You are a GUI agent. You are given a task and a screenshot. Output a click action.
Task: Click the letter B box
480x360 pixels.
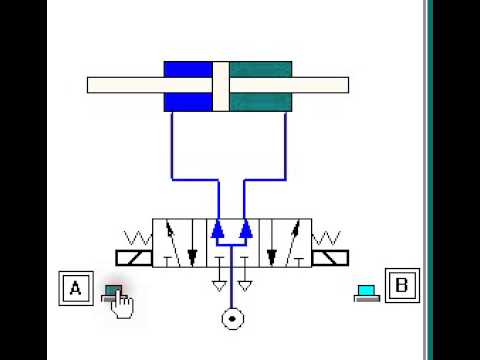click(402, 286)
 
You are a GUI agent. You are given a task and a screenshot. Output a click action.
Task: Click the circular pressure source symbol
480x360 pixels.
click(233, 320)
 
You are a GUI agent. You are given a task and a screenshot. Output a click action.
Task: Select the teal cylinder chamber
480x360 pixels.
click(261, 87)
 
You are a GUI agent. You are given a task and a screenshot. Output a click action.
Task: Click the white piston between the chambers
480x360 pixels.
click(221, 87)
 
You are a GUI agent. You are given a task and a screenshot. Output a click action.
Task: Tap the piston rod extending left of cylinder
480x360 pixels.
click(125, 85)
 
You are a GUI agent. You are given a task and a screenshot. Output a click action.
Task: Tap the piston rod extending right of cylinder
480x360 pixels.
click(320, 85)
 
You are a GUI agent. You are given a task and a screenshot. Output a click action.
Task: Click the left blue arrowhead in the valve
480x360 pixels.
click(218, 229)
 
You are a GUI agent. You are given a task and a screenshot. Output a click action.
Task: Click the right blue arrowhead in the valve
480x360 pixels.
click(246, 229)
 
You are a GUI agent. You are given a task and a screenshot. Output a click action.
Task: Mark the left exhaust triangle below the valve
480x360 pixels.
click(219, 283)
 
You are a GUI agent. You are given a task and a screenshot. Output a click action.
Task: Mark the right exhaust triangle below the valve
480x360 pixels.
click(246, 283)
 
